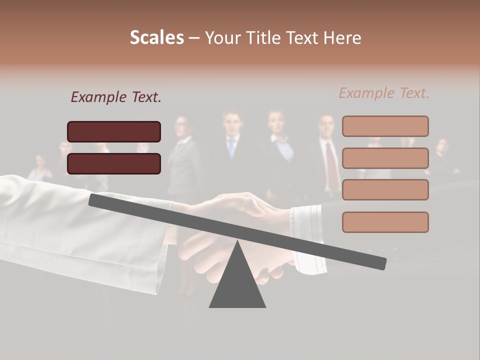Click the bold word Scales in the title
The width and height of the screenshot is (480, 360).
pyautogui.click(x=156, y=37)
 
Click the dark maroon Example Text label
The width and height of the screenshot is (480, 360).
pyautogui.click(x=116, y=97)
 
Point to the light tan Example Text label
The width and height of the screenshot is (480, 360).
pyautogui.click(x=384, y=93)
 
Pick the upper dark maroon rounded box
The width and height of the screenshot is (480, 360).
pyautogui.click(x=114, y=131)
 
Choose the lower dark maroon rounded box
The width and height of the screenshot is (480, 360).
pyautogui.click(x=114, y=163)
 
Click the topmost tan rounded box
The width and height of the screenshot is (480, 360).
pyautogui.click(x=385, y=126)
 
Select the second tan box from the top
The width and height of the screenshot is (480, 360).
pyautogui.click(x=385, y=158)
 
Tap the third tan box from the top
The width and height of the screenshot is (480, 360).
pyautogui.click(x=385, y=189)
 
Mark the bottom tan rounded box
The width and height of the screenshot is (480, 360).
pyautogui.click(x=385, y=222)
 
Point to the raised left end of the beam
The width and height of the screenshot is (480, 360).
pyautogui.click(x=95, y=199)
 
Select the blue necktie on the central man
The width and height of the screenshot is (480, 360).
pyautogui.click(x=231, y=147)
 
